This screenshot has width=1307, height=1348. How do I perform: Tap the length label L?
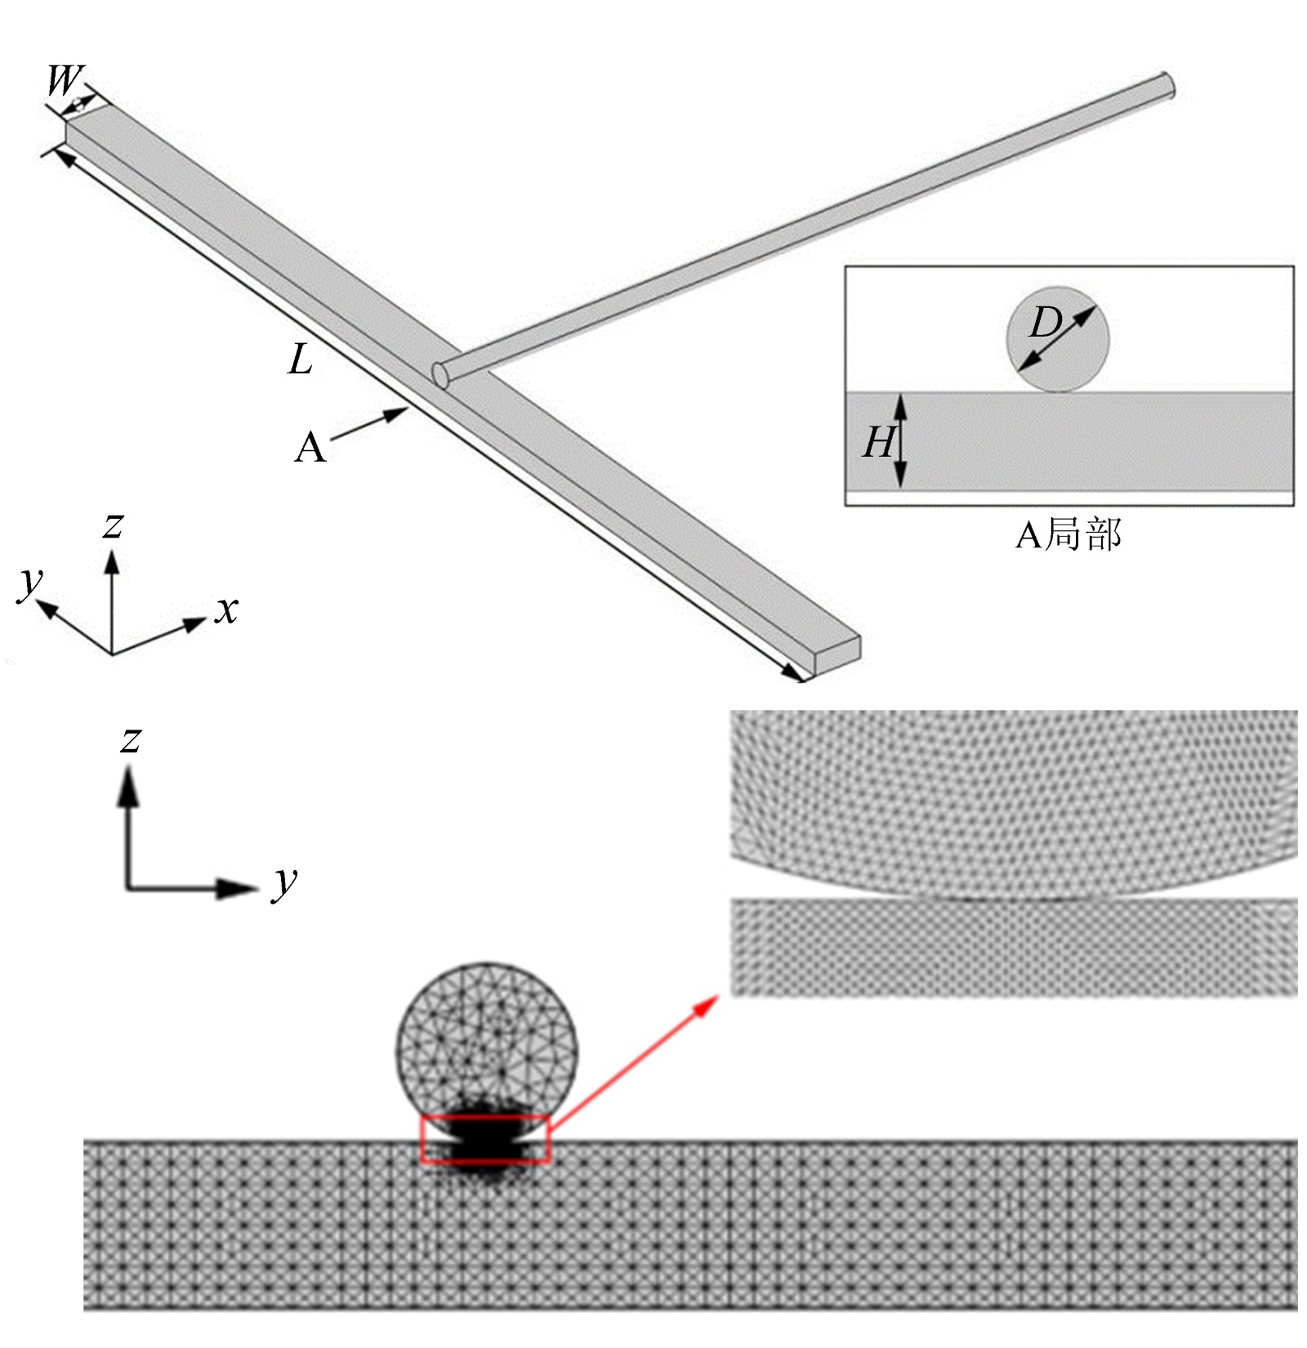tap(301, 359)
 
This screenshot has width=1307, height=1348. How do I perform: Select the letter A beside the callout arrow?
tap(310, 449)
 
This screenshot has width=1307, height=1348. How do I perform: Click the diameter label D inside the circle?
tap(1045, 323)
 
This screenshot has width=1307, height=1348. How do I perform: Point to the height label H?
tap(877, 443)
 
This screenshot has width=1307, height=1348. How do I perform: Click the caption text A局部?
tap(1068, 535)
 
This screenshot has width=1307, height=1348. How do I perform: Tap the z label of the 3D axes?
tap(113, 525)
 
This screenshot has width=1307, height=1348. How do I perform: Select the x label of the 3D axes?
tap(226, 609)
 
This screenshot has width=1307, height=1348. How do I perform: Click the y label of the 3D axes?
tap(30, 581)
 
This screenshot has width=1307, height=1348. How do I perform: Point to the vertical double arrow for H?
tap(900, 441)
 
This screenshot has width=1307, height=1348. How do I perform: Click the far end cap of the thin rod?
tap(1167, 85)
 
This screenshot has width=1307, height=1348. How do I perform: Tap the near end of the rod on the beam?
tap(442, 375)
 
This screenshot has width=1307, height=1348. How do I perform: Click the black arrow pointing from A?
tap(369, 426)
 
